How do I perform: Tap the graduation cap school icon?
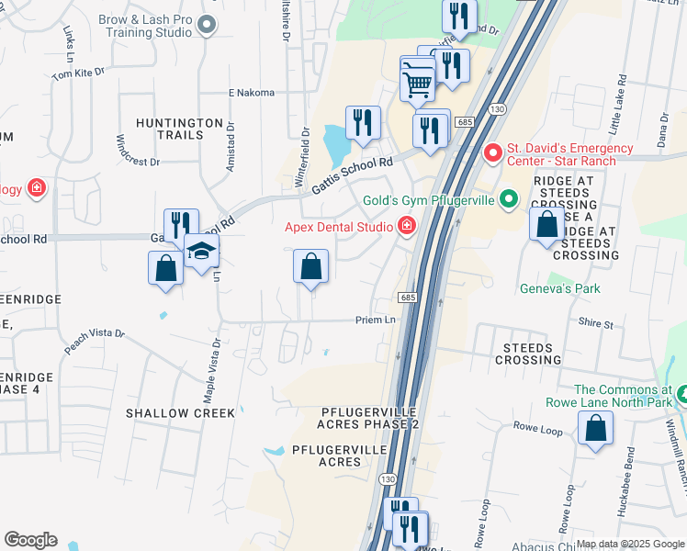click(201, 251)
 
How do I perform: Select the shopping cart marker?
click(419, 84)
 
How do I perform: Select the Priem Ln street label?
click(376, 320)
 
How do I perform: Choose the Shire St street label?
click(595, 323)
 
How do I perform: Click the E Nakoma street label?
click(252, 93)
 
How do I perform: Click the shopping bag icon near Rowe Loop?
click(595, 429)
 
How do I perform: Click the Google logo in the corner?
click(30, 540)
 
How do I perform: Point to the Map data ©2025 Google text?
click(629, 544)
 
